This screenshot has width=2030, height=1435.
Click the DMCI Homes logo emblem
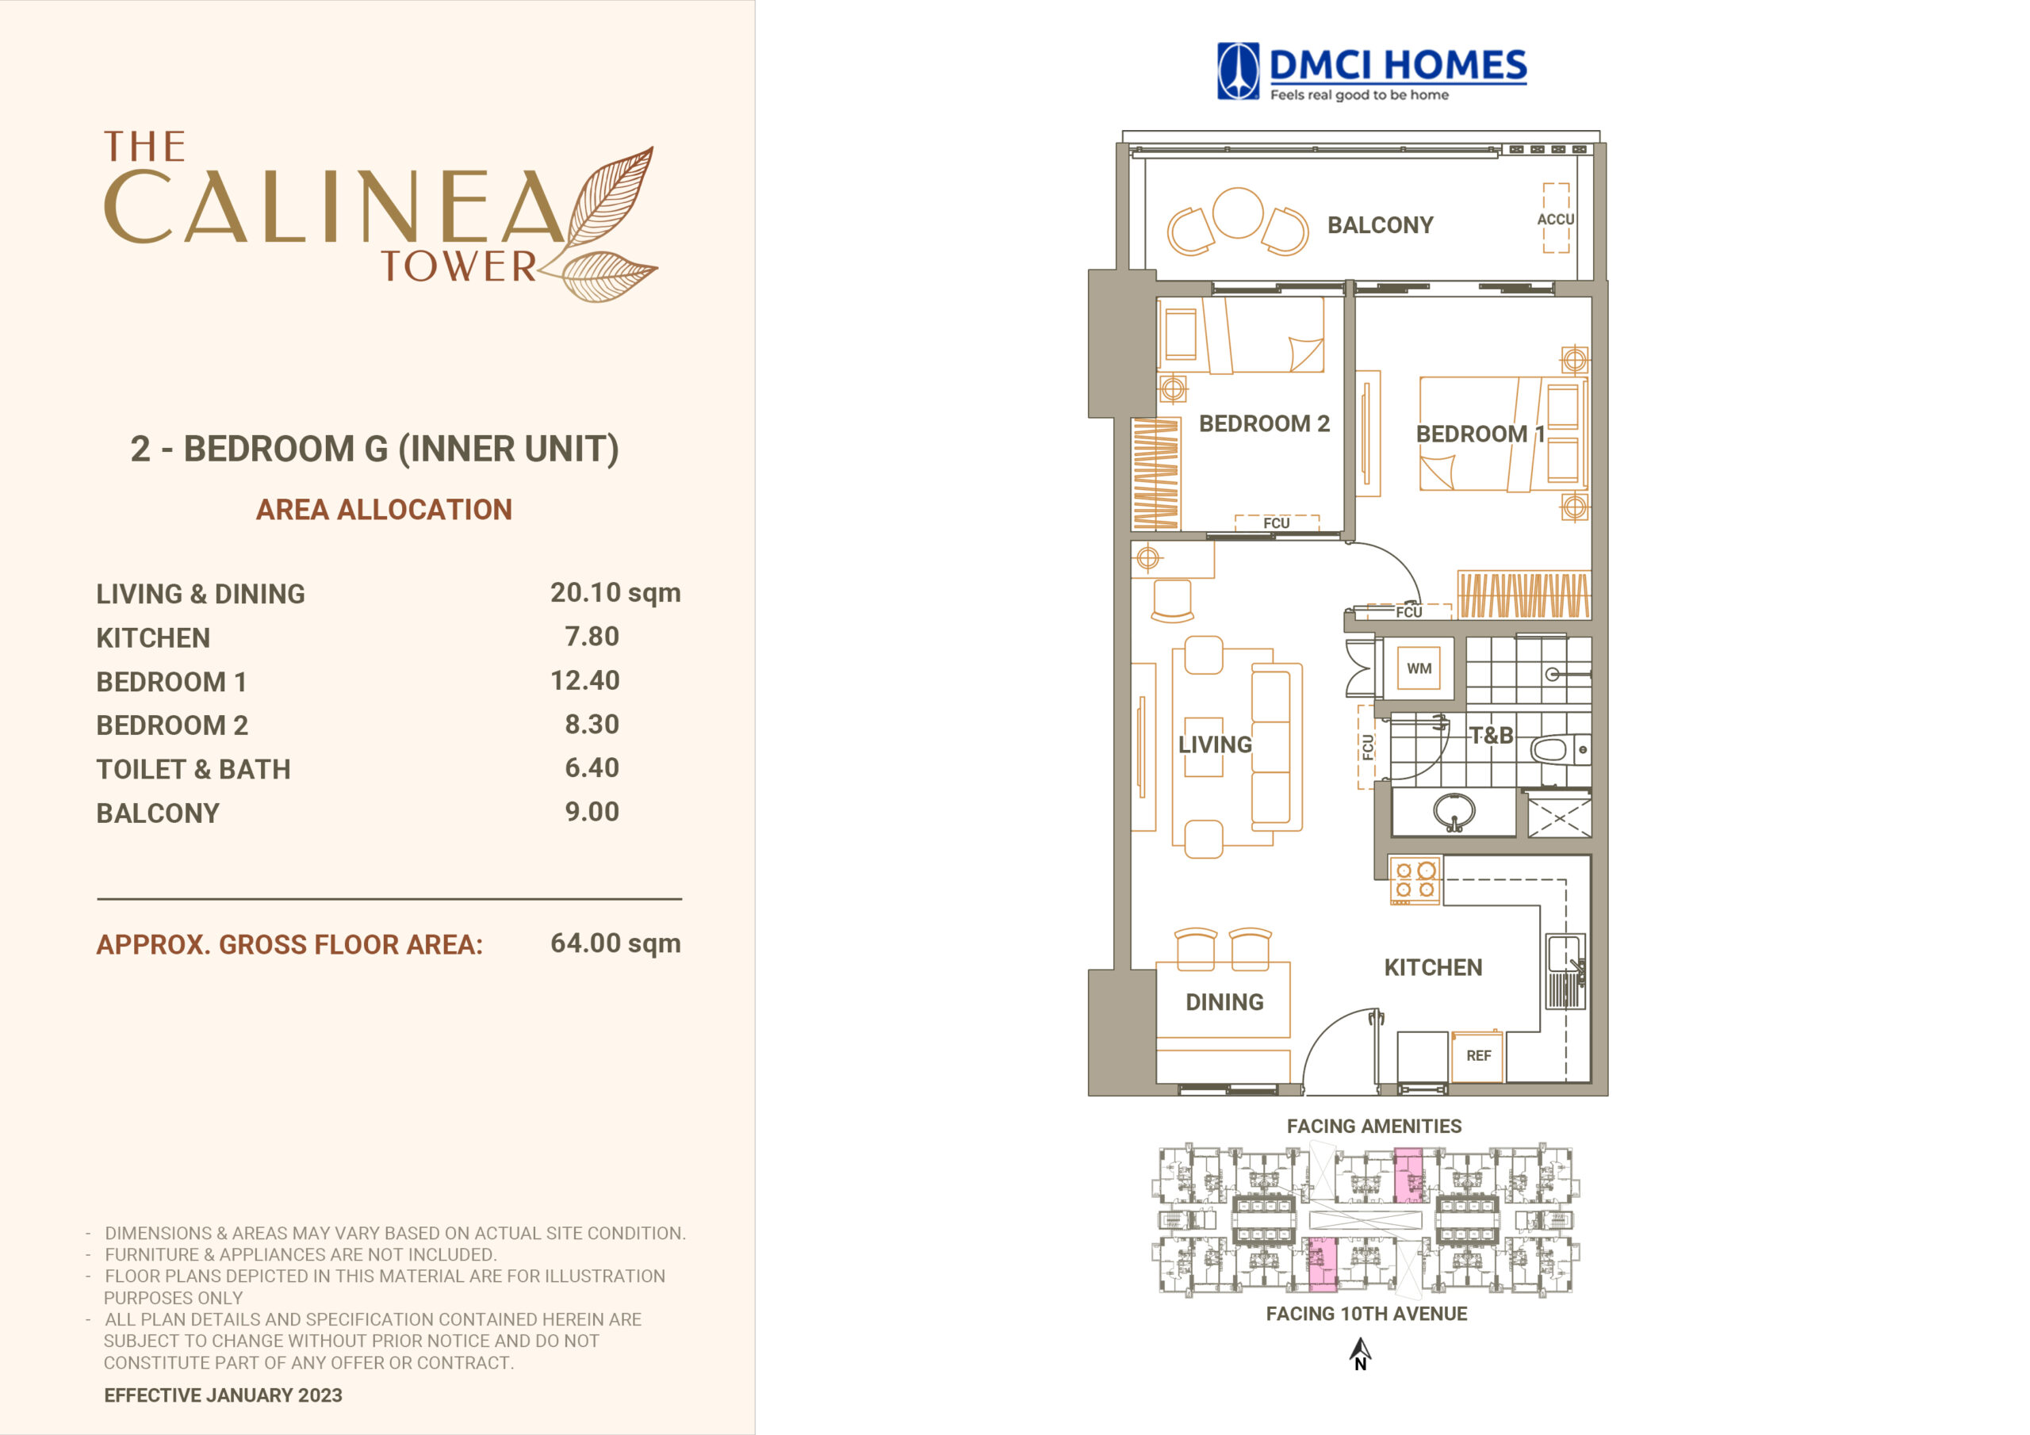[1238, 71]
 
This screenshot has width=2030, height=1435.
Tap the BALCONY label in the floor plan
[1380, 225]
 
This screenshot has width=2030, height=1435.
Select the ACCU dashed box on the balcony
[1556, 218]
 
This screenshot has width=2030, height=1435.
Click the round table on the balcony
[1238, 213]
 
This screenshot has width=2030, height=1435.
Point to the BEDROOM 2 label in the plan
[1264, 423]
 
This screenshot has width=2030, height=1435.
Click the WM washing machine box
[1419, 668]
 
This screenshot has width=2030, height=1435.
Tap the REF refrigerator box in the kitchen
[1477, 1056]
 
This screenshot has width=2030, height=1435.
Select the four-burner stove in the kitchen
[1415, 880]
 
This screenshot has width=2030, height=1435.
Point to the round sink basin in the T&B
[1454, 810]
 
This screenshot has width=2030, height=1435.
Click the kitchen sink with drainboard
[1565, 971]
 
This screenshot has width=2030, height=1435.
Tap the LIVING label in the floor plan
[1215, 744]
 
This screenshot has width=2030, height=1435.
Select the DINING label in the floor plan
[1224, 1002]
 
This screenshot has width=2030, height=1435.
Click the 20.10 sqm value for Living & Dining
[615, 592]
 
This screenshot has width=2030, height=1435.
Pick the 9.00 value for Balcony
[592, 812]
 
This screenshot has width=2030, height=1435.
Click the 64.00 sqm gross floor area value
[615, 943]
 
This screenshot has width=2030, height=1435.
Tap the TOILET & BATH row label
[193, 769]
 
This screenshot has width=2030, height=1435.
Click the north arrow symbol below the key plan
[1361, 1353]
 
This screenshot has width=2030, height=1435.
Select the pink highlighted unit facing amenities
[1408, 1175]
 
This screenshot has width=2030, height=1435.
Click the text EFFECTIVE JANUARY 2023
[223, 1395]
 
